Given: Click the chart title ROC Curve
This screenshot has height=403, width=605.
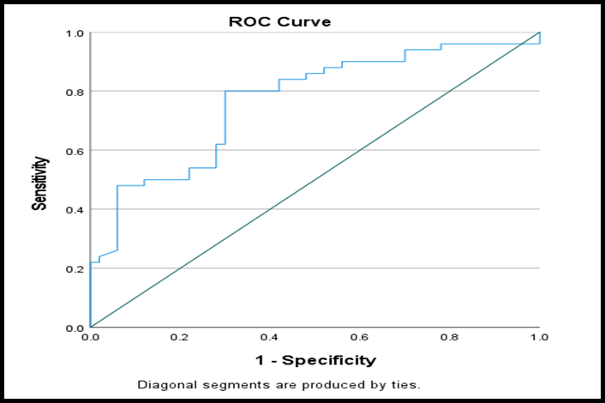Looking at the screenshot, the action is pyautogui.click(x=279, y=21).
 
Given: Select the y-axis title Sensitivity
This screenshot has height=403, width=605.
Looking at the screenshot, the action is pyautogui.click(x=39, y=183).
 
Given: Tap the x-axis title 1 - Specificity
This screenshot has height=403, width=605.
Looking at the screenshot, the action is pyautogui.click(x=315, y=360).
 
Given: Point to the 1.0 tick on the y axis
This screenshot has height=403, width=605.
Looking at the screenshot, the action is pyautogui.click(x=75, y=33).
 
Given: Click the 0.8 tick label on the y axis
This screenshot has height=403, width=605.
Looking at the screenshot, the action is pyautogui.click(x=75, y=93).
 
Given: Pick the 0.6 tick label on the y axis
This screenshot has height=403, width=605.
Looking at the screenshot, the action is pyautogui.click(x=75, y=151).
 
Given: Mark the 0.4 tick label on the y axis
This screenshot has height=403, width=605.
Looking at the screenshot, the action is pyautogui.click(x=75, y=210).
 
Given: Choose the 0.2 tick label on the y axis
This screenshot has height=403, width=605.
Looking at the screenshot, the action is pyautogui.click(x=75, y=269).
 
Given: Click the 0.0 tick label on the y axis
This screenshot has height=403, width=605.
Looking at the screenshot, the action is pyautogui.click(x=75, y=328).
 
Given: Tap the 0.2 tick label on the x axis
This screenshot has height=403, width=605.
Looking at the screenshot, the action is pyautogui.click(x=179, y=337).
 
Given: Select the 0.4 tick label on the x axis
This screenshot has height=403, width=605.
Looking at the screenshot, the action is pyautogui.click(x=269, y=337).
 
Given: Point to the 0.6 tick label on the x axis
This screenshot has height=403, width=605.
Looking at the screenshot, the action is pyautogui.click(x=359, y=337).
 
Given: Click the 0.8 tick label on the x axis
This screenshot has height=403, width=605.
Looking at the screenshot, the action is pyautogui.click(x=450, y=337).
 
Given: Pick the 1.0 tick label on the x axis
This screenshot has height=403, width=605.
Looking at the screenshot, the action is pyautogui.click(x=539, y=337).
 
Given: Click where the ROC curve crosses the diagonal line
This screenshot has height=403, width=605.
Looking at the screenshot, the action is pyautogui.click(x=522, y=44).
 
